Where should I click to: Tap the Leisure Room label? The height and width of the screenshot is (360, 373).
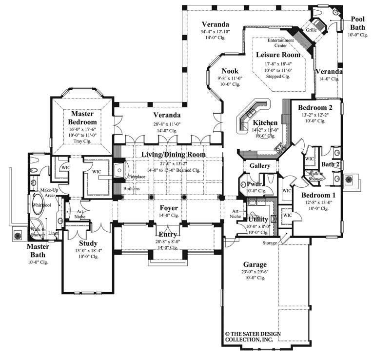coord(278,55)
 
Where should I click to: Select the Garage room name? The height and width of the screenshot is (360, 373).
coord(253,264)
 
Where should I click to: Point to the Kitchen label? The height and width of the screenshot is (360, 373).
coord(265,122)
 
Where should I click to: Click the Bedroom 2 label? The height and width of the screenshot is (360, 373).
coord(315,107)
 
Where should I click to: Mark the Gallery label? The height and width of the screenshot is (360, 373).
coord(260,166)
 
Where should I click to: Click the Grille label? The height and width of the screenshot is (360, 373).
coord(312,30)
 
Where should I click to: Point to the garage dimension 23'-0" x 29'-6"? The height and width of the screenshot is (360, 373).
coord(253,272)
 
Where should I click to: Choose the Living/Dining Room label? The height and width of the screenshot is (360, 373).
coord(173,155)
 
